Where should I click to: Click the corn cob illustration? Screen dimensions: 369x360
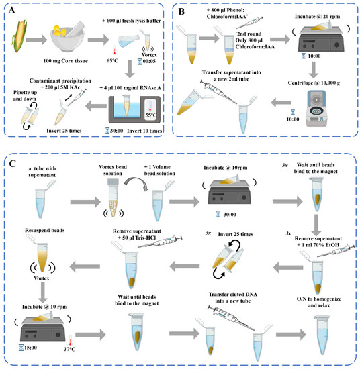pyautogui.click(x=21, y=36)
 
